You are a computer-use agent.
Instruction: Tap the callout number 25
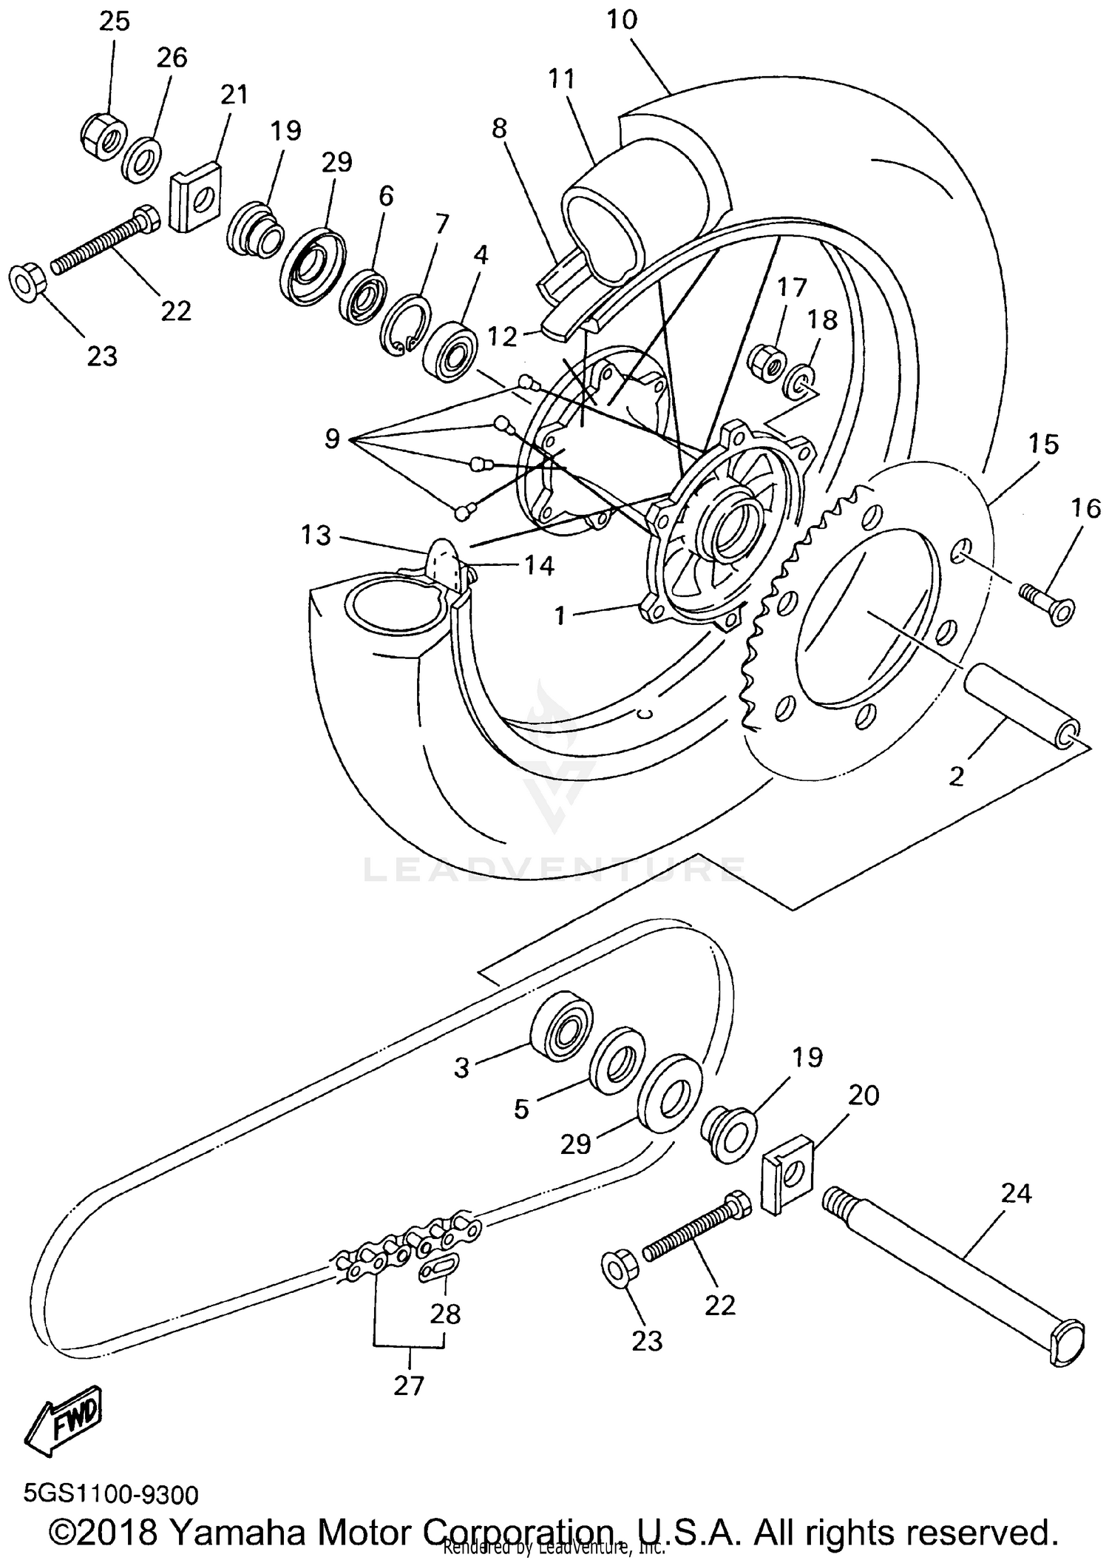115,21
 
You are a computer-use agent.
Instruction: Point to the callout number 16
1085,508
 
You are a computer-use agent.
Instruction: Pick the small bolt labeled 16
1048,604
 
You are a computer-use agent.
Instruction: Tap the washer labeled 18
802,382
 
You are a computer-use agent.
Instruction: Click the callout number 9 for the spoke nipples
332,439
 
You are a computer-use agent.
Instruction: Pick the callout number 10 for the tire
622,20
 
